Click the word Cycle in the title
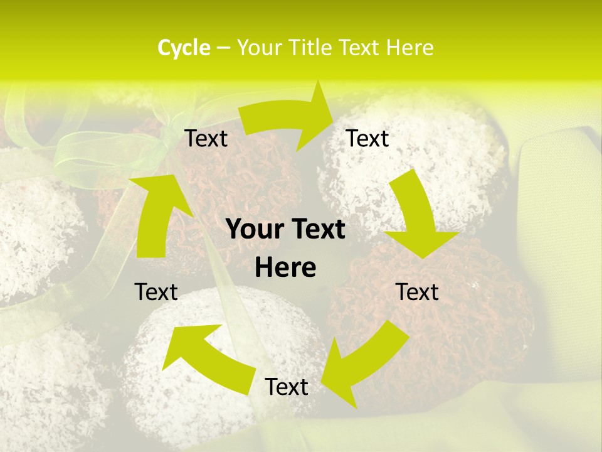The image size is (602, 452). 184,48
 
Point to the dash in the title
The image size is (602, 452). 222,48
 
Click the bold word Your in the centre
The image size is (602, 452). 253,230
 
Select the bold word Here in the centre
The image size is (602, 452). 285,268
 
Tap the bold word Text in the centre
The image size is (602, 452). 316,230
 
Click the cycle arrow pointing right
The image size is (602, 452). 288,119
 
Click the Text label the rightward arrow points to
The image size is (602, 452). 367,138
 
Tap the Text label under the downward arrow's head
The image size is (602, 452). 417,292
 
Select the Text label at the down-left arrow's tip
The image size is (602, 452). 287,387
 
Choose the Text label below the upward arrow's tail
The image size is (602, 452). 156,292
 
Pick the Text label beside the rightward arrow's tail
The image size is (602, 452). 206,138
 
